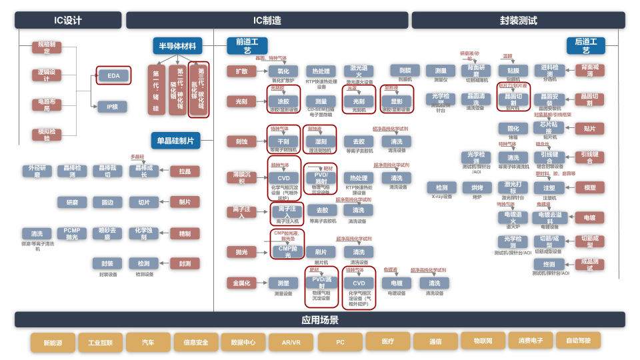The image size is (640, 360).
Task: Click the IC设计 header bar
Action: [x=68, y=20]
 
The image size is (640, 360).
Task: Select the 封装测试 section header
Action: [x=518, y=20]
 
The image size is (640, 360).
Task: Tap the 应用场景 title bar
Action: [x=319, y=320]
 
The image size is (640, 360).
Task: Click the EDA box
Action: [x=113, y=75]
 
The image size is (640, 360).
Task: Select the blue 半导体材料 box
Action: [x=177, y=46]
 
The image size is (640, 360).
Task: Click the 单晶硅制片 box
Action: [x=177, y=141]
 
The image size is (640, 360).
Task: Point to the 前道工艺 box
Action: [x=247, y=45]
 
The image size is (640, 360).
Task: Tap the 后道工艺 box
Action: [x=586, y=45]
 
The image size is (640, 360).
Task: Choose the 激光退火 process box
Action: [x=359, y=71]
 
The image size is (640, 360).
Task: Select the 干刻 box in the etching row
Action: [x=283, y=141]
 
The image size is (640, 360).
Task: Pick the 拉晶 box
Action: [x=185, y=171]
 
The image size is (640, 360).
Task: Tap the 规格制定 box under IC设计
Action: [x=46, y=47]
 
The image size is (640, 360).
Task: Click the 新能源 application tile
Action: [x=53, y=343]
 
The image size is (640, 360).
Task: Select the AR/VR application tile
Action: [x=291, y=343]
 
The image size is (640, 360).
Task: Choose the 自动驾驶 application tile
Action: [x=579, y=341]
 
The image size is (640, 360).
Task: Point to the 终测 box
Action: [x=549, y=264]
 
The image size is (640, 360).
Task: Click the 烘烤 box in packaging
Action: [x=477, y=188]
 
